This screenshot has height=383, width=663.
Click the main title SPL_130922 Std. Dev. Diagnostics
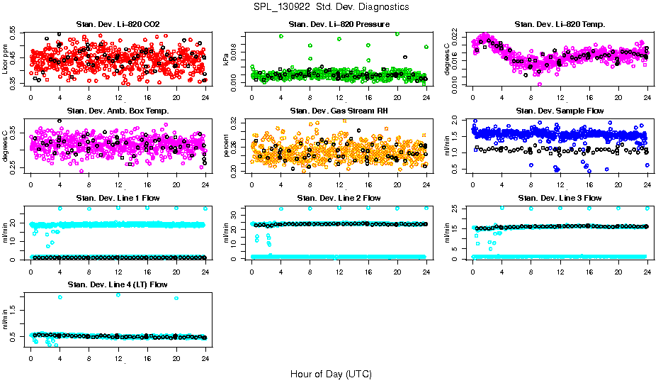[x=331, y=6]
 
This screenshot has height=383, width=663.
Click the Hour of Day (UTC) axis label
[x=331, y=373]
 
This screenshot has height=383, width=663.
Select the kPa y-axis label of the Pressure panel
[x=227, y=59]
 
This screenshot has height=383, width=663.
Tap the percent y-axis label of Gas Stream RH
[x=227, y=145]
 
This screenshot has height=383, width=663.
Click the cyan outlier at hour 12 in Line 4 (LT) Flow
[x=118, y=294]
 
